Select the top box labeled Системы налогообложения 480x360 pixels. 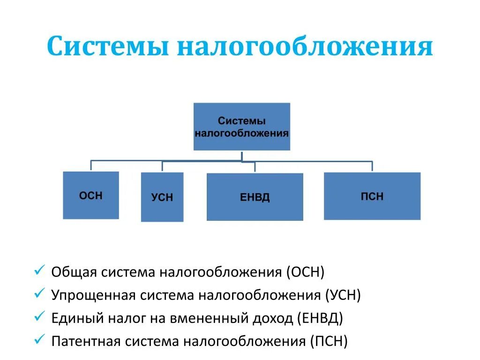(241, 127)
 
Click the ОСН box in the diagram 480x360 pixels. (91, 195)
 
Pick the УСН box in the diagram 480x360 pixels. (162, 197)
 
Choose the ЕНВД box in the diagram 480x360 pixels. (255, 197)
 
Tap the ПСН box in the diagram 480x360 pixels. (372, 196)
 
